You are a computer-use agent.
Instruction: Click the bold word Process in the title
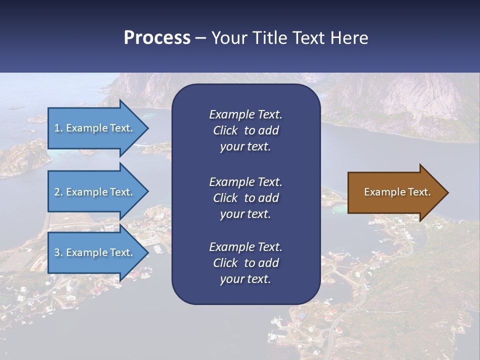tap(157, 38)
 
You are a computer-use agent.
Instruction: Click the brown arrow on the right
tap(395, 192)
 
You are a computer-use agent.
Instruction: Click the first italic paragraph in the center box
tap(245, 130)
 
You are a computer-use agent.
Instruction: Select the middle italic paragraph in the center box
tap(245, 197)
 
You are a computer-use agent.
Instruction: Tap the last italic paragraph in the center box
tap(245, 263)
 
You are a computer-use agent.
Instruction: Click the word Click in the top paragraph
tap(225, 130)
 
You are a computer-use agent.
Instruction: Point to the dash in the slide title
tap(200, 38)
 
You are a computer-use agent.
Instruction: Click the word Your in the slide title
tap(227, 38)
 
